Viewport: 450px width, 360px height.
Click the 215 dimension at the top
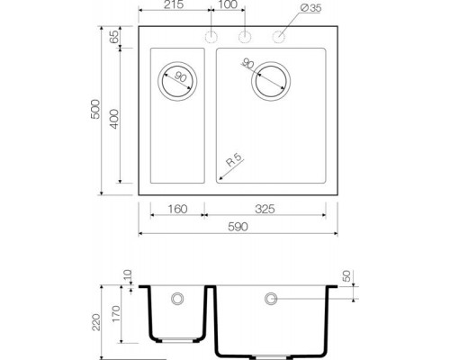click(174, 7)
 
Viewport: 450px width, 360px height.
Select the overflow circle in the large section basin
click(269, 297)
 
